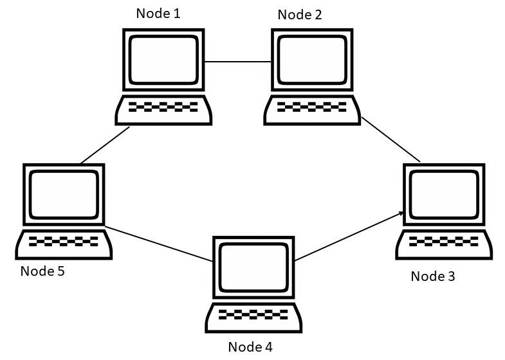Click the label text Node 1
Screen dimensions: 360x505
[x=158, y=13]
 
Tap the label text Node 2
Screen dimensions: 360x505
[x=300, y=14]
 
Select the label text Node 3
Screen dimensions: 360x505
[x=433, y=276]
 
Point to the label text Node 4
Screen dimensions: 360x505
[x=250, y=347]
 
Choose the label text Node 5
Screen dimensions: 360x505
[x=42, y=271]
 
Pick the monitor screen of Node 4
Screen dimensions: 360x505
[x=253, y=267]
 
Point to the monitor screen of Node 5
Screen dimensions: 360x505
[x=64, y=195]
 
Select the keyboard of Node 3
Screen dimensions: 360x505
[x=443, y=242]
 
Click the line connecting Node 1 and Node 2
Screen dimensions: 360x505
[x=237, y=62]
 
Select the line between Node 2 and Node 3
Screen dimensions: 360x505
[x=390, y=139]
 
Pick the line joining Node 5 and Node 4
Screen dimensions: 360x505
[x=159, y=244]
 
